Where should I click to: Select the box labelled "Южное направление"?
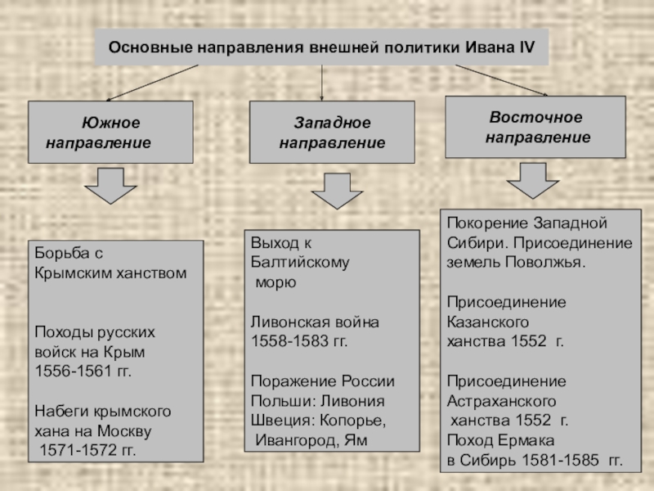pyautogui.click(x=110, y=132)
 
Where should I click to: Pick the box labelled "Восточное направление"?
pyautogui.click(x=535, y=127)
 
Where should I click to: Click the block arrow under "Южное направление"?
pyautogui.click(x=111, y=186)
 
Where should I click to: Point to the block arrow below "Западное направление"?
pyautogui.click(x=329, y=191)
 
